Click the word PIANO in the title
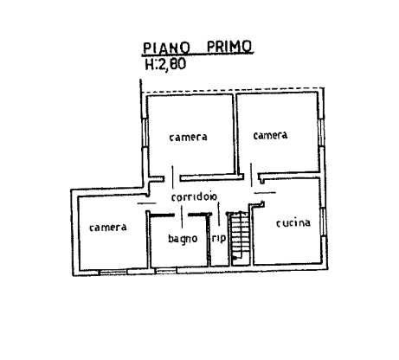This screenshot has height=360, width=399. [x=166, y=48]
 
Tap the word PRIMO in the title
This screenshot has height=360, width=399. [x=229, y=47]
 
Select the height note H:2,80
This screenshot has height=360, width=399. [x=165, y=64]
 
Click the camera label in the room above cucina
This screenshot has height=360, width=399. [x=270, y=135]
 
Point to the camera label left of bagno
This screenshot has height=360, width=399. [x=108, y=228]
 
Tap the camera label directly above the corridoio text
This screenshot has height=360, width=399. [x=188, y=137]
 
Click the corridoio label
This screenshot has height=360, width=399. [x=194, y=197]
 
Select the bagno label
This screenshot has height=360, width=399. [x=183, y=239]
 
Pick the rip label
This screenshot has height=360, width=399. [x=219, y=238]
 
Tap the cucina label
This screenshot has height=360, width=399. [x=293, y=223]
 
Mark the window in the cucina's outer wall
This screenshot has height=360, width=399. [x=324, y=222]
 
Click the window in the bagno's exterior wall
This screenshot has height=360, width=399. [x=166, y=271]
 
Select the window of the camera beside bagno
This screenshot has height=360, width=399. [x=113, y=272]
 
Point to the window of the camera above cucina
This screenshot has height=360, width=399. [x=321, y=132]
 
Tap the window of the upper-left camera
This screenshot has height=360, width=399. [x=145, y=133]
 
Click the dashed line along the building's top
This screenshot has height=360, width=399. [x=233, y=90]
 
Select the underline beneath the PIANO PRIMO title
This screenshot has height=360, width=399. [x=197, y=54]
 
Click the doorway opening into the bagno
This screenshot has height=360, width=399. [x=181, y=215]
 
